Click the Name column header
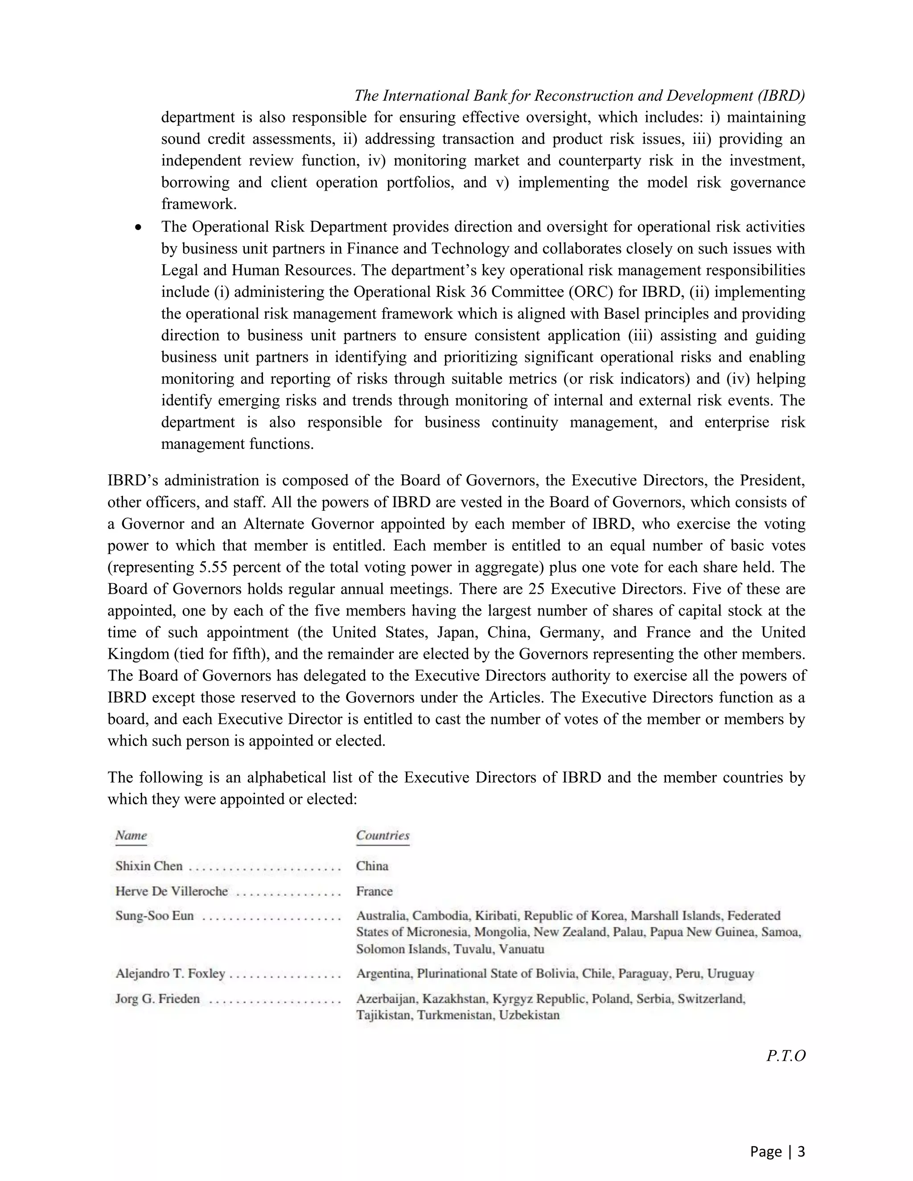[x=131, y=835]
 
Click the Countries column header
[x=382, y=835]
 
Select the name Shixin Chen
[x=149, y=866]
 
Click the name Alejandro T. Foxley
[x=170, y=973]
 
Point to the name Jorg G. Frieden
[x=157, y=999]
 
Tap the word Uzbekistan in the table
[x=529, y=1015]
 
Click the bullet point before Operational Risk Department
[x=139, y=228]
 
